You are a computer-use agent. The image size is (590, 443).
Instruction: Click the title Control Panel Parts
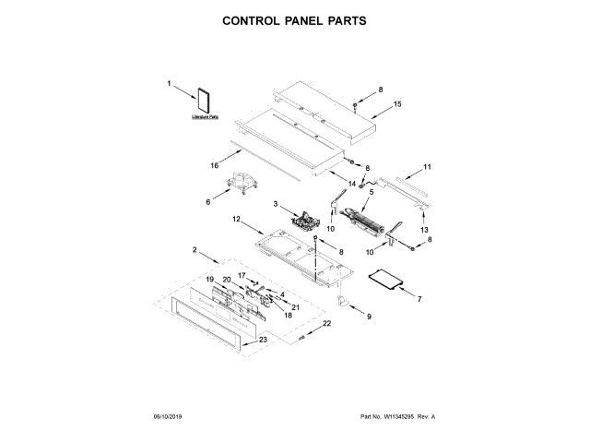click(295, 18)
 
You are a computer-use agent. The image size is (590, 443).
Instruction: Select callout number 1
click(170, 84)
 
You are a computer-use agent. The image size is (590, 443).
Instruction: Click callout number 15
click(398, 105)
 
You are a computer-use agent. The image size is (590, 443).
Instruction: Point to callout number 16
click(214, 166)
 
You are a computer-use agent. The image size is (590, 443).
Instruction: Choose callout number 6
click(208, 199)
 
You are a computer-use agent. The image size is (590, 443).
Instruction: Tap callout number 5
click(372, 193)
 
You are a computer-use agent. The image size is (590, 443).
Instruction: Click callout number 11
click(427, 167)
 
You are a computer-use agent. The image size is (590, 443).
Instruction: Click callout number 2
click(195, 250)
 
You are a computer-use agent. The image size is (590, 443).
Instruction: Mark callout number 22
click(325, 324)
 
